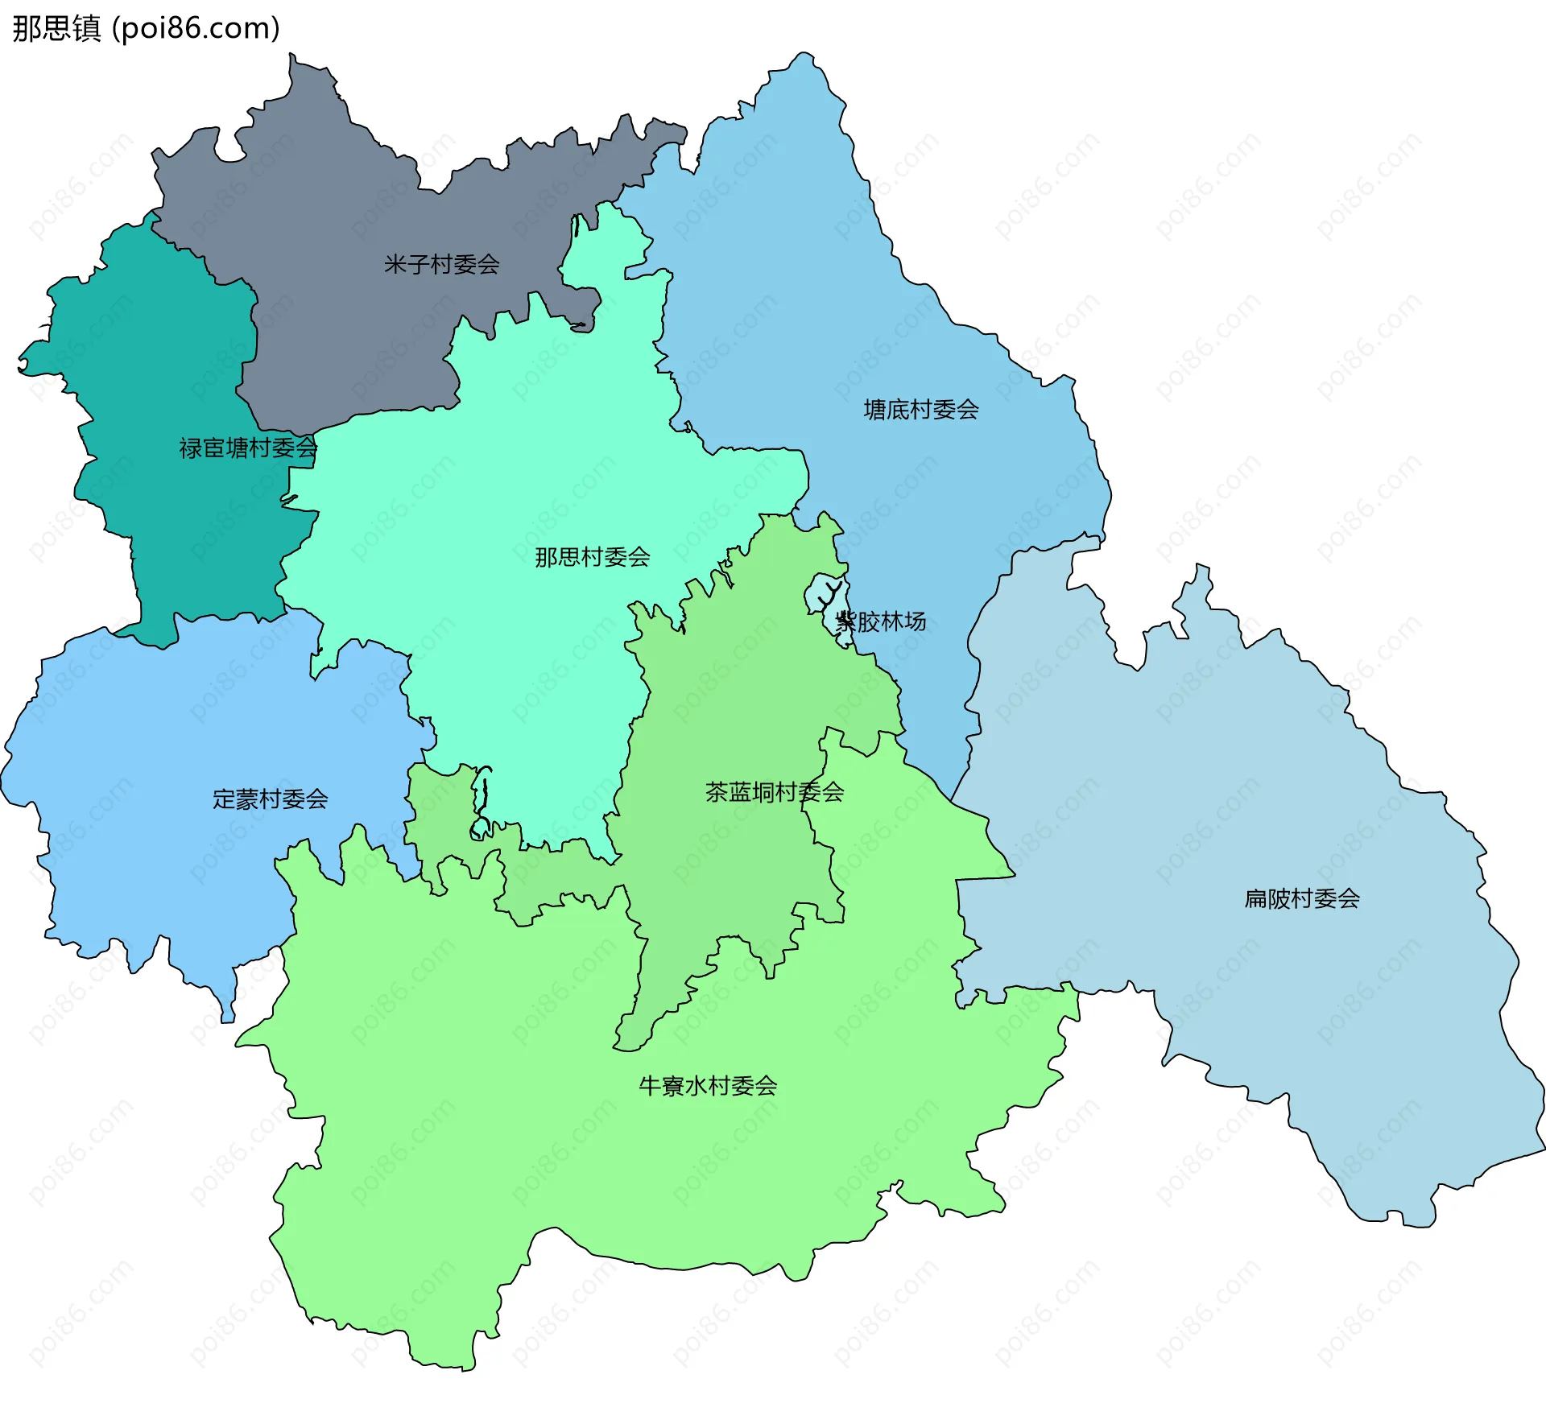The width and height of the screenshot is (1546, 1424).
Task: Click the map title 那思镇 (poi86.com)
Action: tap(146, 28)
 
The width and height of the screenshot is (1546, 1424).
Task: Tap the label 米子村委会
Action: tap(441, 264)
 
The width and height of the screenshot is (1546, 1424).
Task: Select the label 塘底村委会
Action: tap(921, 410)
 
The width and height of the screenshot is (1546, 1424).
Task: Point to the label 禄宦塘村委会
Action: tap(248, 448)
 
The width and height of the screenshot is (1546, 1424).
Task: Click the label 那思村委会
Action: tap(593, 556)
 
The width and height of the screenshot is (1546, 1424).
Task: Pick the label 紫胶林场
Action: tap(881, 621)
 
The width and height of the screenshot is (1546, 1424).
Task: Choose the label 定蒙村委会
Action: tap(270, 799)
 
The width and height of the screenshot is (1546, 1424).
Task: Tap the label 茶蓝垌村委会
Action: tap(775, 792)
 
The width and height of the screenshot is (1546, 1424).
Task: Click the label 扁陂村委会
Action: tap(1302, 898)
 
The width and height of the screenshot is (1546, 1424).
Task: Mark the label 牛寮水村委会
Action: tap(708, 1086)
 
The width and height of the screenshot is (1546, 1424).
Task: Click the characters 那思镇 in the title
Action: tap(56, 28)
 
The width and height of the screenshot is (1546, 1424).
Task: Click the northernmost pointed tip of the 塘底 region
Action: tap(803, 54)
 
